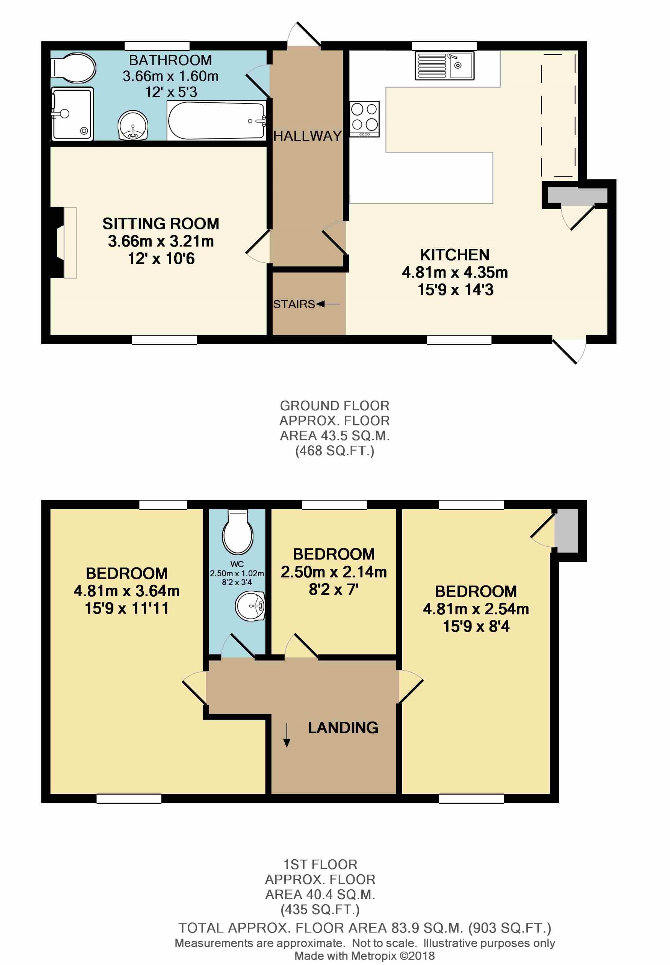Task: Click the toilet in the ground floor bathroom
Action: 74,67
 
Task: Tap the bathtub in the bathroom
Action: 216,121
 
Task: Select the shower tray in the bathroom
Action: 72,114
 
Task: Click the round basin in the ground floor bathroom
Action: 133,126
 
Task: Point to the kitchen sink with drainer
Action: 445,65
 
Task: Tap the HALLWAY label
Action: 307,136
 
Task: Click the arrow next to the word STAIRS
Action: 328,304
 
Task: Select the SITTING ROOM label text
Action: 161,224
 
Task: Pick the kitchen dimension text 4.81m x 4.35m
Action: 455,272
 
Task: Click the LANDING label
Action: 343,728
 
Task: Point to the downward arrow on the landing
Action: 287,736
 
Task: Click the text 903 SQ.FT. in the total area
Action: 509,927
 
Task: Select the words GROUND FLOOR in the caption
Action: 334,406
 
